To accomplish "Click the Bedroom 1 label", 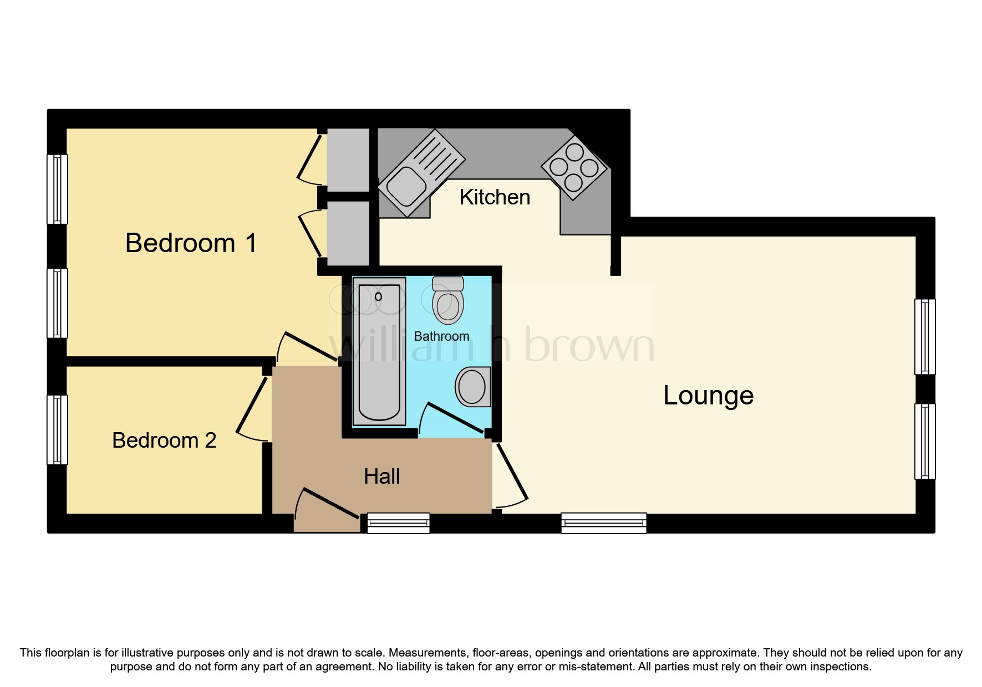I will [191, 243].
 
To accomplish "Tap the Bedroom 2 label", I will [164, 440].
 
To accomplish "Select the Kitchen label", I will [495, 197].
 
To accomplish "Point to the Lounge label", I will [708, 396].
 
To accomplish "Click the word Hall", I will [381, 476].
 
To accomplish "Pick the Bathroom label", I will [441, 336].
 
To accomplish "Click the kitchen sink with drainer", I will [421, 172].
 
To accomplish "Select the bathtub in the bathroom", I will [379, 353].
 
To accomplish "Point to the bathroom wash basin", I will [473, 386].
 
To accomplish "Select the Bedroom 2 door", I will [253, 404].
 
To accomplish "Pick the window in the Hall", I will [398, 523].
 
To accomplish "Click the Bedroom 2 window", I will [57, 429].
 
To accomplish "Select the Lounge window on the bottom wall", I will [603, 523].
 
